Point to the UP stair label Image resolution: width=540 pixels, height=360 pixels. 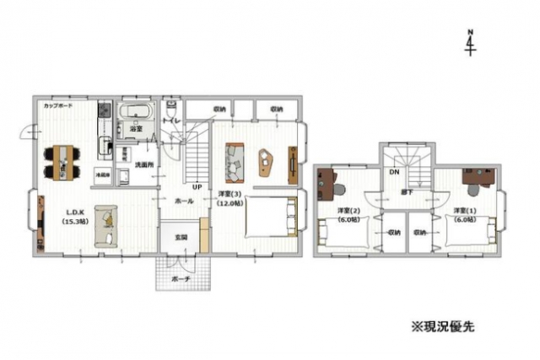pyautogui.click(x=196, y=186)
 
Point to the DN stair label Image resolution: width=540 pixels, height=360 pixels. pyautogui.click(x=394, y=172)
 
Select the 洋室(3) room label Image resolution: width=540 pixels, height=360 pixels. pyautogui.click(x=230, y=198)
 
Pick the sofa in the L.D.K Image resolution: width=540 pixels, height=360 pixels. pyautogui.click(x=105, y=223)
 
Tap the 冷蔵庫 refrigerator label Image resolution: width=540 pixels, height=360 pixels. pyautogui.click(x=101, y=173)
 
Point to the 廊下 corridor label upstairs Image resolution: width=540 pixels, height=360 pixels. pyautogui.click(x=406, y=193)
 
